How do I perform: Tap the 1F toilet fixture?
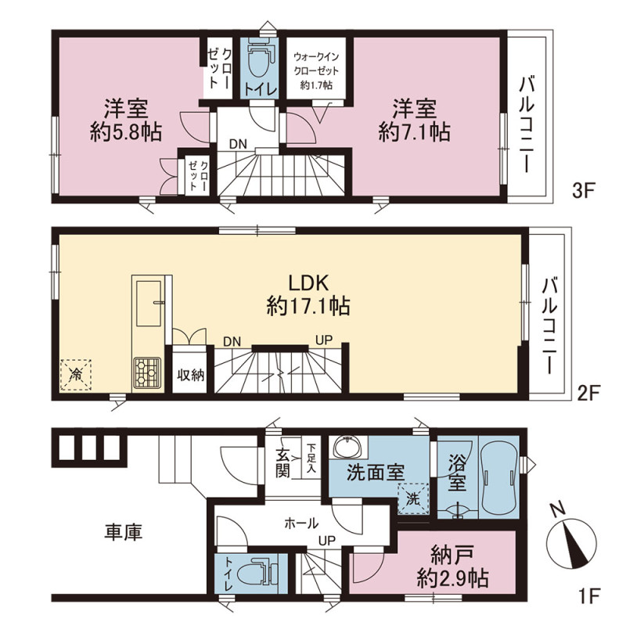point(258,574)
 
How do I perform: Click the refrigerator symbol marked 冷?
point(76,375)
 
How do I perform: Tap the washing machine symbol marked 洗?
point(413,498)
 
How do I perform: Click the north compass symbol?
point(571,541)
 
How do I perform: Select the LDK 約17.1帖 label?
point(308,295)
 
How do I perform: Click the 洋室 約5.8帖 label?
point(126,120)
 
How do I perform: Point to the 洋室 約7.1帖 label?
point(415,120)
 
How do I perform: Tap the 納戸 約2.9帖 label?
point(453,566)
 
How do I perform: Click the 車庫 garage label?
point(124,532)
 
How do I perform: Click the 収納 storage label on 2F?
point(191,375)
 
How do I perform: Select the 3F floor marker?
point(584,190)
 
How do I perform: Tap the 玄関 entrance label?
point(283,463)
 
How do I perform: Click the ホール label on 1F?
point(301,523)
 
